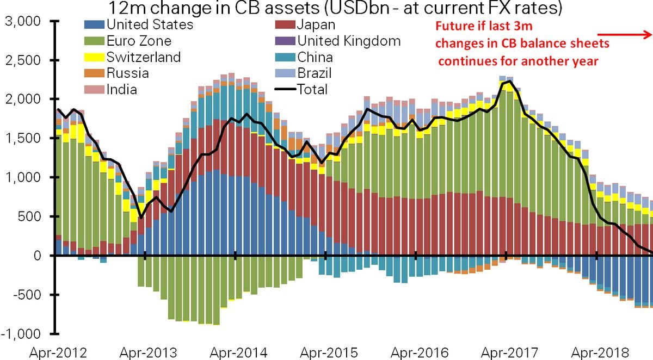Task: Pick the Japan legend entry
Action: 316,24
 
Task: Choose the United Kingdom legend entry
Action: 349,41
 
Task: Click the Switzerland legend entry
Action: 144,57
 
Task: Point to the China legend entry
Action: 315,57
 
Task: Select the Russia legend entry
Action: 128,73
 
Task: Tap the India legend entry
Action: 122,89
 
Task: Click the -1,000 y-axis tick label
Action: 21,333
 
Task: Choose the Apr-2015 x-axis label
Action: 325,352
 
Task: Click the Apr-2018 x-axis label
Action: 596,352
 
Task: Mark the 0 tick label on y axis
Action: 36,256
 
